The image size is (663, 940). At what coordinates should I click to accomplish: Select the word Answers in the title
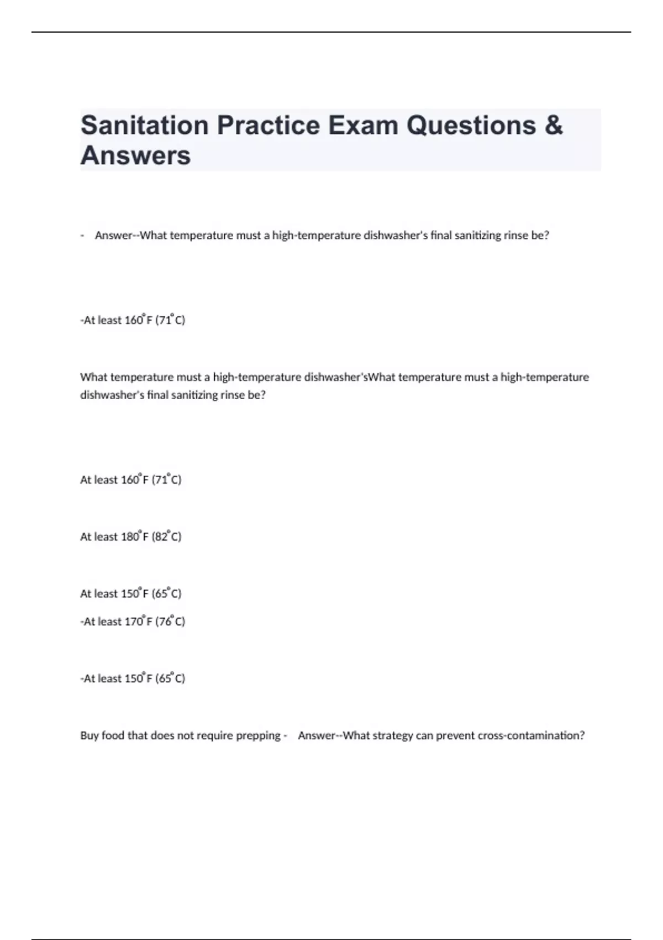135,155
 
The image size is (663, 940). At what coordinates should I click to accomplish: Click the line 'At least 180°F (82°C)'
130,536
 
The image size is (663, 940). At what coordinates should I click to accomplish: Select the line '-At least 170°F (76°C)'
133,622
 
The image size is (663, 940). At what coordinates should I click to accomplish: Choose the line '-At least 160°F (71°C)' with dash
133,320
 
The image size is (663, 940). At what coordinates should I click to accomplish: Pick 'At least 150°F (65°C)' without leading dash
130,593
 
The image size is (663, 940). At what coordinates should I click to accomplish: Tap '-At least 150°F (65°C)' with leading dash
133,678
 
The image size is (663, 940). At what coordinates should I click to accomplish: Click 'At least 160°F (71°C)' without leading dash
130,479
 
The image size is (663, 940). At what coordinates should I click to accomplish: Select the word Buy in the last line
89,735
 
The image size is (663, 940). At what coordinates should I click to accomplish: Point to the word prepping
258,735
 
